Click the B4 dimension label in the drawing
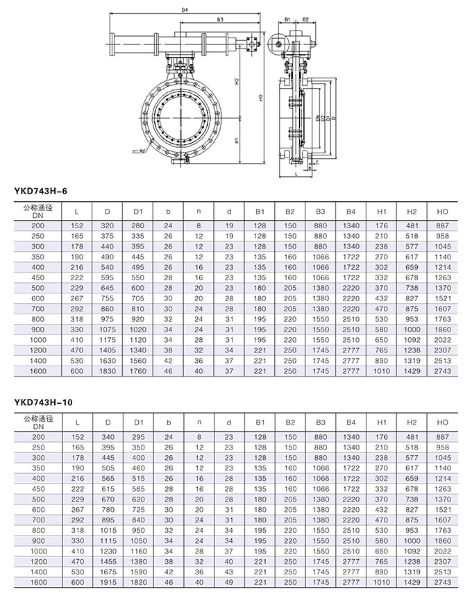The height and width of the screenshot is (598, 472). (x=185, y=10)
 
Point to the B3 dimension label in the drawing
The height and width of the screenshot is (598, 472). (x=219, y=20)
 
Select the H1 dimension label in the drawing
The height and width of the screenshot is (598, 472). (x=237, y=140)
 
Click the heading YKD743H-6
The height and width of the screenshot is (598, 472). (x=40, y=189)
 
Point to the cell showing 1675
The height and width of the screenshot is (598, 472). (x=108, y=571)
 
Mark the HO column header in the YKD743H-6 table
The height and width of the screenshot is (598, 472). (x=441, y=210)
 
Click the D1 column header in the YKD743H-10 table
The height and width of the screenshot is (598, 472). (x=137, y=421)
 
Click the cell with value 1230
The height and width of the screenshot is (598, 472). (x=108, y=550)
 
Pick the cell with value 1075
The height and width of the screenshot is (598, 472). (x=108, y=329)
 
